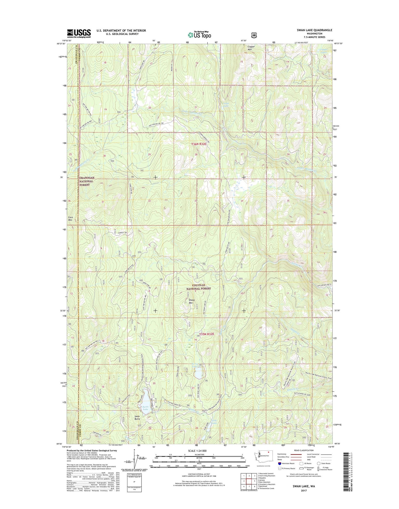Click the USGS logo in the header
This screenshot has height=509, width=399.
79,34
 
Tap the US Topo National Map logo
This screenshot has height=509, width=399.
199,35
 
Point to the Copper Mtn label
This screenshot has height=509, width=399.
251,48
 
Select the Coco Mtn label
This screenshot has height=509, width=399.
70,219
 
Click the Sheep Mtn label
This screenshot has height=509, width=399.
192,301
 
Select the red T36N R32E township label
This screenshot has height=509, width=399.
199,144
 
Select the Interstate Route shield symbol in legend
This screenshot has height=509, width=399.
280,463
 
